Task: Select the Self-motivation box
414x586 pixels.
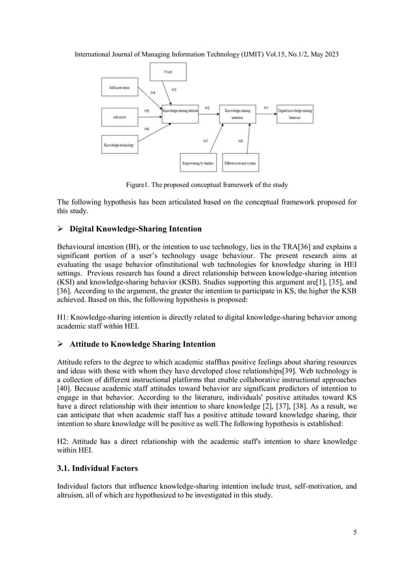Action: pos(121,86)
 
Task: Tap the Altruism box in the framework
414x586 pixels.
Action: pos(121,117)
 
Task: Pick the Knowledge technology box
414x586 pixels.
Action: pos(119,146)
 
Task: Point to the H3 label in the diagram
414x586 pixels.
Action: pos(175,89)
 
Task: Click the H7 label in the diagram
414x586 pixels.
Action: pos(206,140)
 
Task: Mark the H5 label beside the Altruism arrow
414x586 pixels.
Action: pos(147,111)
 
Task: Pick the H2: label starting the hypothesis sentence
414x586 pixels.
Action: pos(65,442)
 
